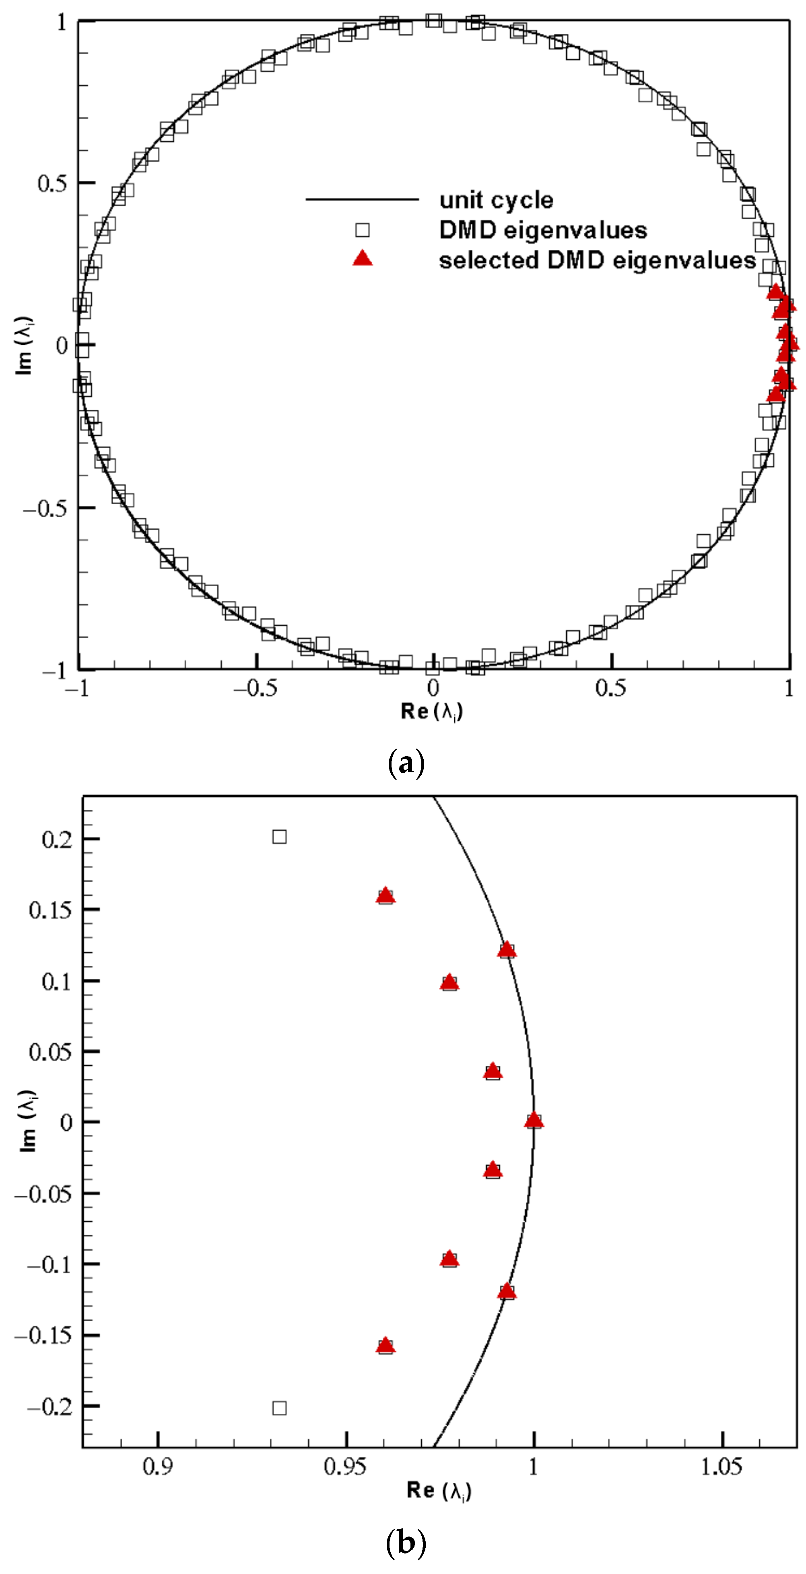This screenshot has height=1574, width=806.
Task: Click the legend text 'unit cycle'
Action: [496, 200]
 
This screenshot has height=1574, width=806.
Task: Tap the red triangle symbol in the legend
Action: [363, 259]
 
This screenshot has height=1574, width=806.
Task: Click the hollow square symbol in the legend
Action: [363, 230]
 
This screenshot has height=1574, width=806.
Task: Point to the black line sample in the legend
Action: [363, 199]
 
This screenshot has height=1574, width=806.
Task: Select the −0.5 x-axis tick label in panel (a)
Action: [255, 689]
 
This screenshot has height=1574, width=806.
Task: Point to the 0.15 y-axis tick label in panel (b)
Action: [51, 910]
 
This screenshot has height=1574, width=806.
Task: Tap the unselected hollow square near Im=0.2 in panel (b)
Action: [279, 836]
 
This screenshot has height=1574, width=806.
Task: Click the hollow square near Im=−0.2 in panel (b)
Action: [279, 1408]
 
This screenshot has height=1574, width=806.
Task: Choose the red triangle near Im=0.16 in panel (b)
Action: [385, 896]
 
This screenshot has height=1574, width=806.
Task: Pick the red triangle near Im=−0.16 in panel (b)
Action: [385, 1345]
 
